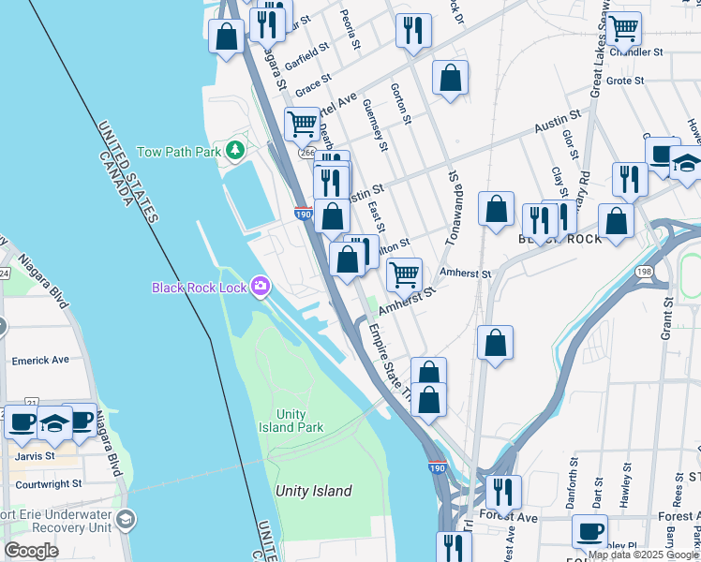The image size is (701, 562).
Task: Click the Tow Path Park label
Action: pyautogui.click(x=178, y=151)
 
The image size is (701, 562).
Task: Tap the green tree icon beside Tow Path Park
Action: pyautogui.click(x=234, y=150)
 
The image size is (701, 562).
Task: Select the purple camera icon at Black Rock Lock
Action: pyautogui.click(x=261, y=286)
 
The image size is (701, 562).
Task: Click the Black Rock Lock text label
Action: pyautogui.click(x=200, y=287)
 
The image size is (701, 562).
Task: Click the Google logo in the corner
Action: pyautogui.click(x=31, y=551)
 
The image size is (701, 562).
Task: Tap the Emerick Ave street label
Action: pyautogui.click(x=40, y=360)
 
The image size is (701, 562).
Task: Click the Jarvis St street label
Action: pyautogui.click(x=37, y=458)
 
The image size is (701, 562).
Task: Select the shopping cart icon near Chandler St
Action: pyautogui.click(x=623, y=28)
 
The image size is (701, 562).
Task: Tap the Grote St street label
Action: pyautogui.click(x=624, y=81)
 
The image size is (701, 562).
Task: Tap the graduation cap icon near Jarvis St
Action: pyautogui.click(x=55, y=422)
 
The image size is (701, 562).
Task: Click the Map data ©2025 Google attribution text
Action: pyautogui.click(x=643, y=555)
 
